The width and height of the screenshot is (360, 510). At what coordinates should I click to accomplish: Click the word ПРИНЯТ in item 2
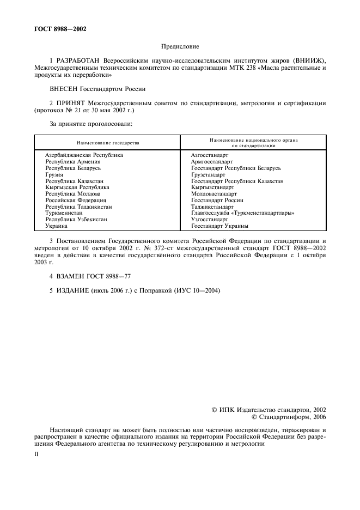pos(71,103)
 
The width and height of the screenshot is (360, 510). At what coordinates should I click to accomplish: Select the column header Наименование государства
pos(108,143)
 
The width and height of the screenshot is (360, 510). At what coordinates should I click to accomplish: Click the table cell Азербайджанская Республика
pos(84,155)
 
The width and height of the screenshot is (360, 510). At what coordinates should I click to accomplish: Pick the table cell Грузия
pos(54,174)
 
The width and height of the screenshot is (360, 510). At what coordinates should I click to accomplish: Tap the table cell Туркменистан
pos(64,213)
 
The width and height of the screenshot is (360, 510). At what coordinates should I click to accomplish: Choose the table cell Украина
pos(56,226)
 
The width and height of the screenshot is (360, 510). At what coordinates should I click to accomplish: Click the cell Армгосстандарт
pos(212,162)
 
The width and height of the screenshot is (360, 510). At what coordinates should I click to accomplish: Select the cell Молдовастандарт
pos(214,193)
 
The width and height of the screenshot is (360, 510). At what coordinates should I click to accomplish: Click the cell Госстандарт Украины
pos(220,226)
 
